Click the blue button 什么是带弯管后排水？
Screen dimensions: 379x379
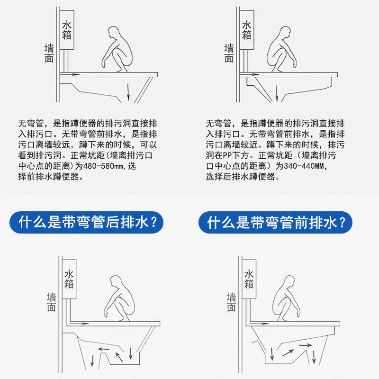coord(87,222)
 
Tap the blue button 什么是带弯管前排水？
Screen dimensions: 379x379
coord(275,222)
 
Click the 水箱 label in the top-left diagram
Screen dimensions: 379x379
coord(67,30)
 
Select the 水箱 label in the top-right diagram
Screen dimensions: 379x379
coord(246,30)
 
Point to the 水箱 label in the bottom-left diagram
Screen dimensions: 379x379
coord(69,280)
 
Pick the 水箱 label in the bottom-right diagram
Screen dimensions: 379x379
coord(249,280)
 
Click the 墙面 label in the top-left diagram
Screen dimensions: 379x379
coord(49,53)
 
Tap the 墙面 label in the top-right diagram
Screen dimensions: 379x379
coord(229,53)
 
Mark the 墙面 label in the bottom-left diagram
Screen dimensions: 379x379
coord(51,302)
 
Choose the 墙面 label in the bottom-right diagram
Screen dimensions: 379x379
coord(231,302)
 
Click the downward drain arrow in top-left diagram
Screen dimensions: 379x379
coord(128,92)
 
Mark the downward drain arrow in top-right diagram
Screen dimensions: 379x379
coord(277,93)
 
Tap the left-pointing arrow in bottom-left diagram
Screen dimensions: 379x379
coord(103,349)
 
